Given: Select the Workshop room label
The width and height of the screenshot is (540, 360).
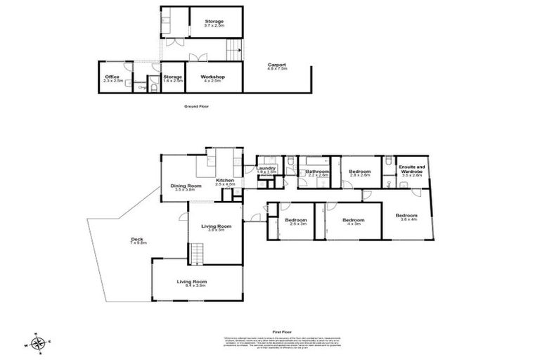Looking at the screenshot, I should tap(211, 78).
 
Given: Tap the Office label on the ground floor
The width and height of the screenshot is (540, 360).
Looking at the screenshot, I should tap(112, 78).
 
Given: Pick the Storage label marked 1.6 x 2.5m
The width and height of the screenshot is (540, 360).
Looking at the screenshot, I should tap(173, 78).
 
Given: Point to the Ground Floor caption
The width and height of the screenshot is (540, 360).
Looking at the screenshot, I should tap(196, 106).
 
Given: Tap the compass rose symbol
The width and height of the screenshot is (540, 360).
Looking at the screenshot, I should tap(40, 343).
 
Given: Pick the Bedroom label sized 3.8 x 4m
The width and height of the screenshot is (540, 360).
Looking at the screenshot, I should tap(406, 217).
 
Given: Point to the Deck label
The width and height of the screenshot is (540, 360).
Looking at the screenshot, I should tap(137, 241).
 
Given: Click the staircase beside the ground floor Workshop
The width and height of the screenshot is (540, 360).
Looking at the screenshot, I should tap(233, 49).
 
